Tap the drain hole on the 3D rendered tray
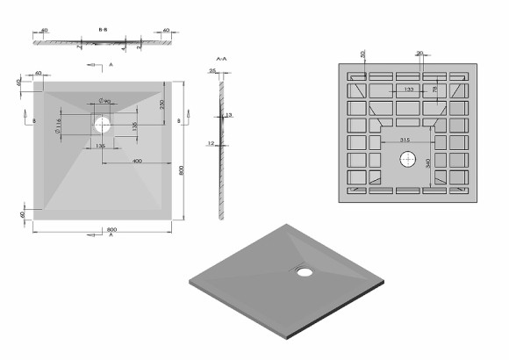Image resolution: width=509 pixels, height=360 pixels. (304, 271)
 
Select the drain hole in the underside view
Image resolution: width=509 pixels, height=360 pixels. (408, 160)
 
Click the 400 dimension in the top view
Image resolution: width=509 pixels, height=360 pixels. (137, 162)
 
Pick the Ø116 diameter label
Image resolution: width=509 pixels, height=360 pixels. (58, 129)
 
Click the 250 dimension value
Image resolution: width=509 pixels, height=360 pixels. (162, 104)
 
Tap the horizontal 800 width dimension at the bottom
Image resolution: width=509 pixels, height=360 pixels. (112, 230)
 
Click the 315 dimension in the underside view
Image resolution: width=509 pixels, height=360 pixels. (405, 140)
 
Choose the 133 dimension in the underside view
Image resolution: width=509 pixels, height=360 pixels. (410, 89)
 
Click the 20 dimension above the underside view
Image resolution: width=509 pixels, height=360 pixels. (420, 54)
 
